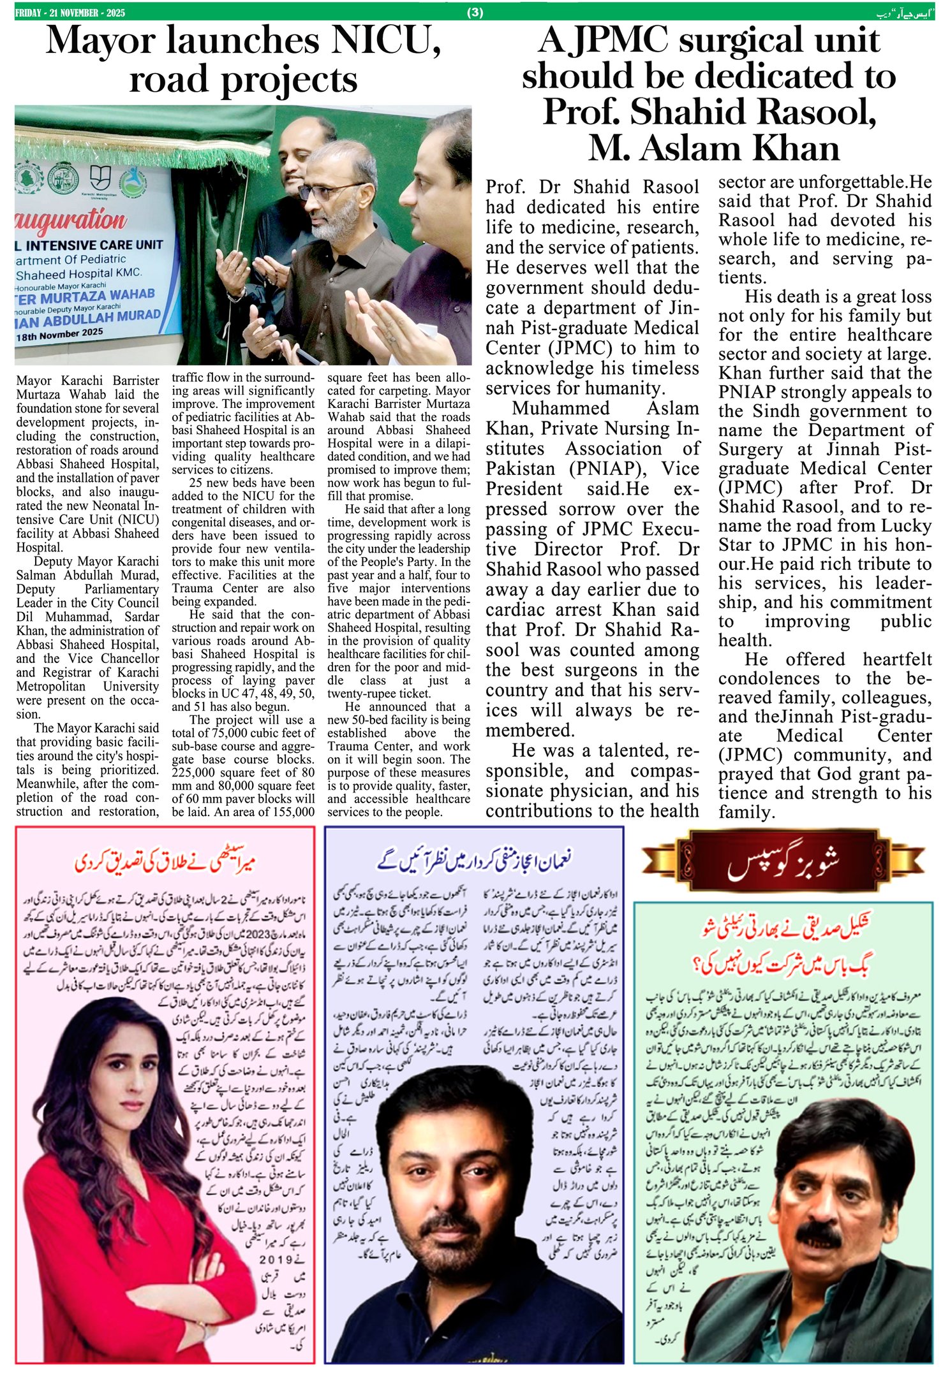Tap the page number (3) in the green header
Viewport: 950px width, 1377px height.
pyautogui.click(x=475, y=12)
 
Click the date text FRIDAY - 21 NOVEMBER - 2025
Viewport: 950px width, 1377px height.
pyautogui.click(x=70, y=13)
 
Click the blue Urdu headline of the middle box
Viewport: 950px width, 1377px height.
pyautogui.click(x=475, y=861)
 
